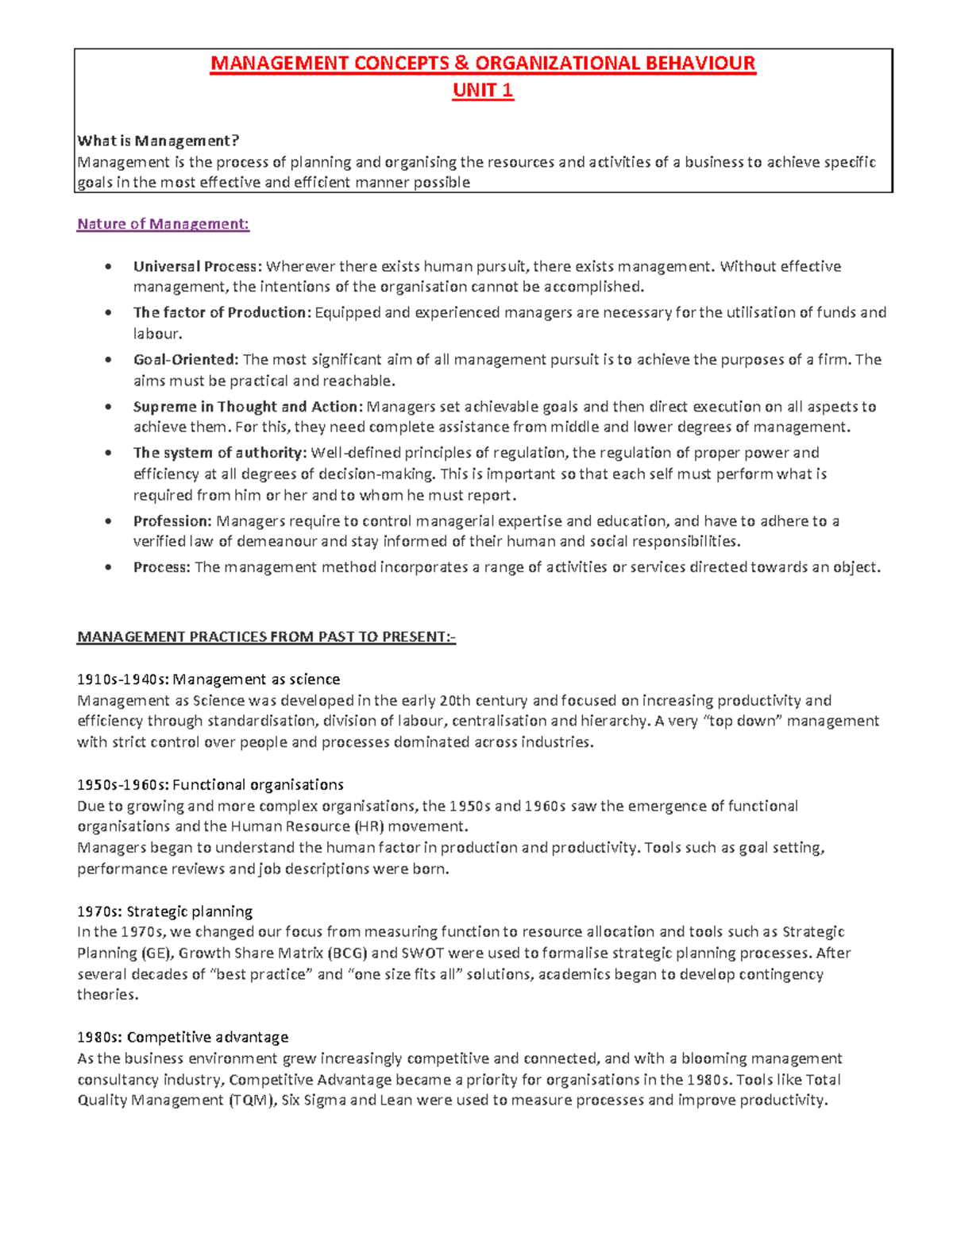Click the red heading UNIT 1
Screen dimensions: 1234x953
point(483,91)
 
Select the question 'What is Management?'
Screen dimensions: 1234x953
point(157,141)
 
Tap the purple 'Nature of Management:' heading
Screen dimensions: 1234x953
point(163,224)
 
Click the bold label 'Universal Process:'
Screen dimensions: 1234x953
point(198,266)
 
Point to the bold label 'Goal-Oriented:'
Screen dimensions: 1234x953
point(186,360)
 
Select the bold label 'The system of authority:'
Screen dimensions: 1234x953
point(220,453)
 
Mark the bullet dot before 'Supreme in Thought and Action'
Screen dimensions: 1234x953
point(108,407)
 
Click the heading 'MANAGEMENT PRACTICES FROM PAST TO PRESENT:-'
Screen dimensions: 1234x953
point(266,637)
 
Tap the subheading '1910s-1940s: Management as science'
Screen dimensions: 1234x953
point(208,679)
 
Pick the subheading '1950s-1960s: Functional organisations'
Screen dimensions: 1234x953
point(210,785)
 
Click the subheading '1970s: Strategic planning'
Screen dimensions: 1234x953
point(164,911)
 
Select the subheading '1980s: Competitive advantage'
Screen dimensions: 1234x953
point(183,1038)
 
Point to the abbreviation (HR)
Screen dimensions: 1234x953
point(368,826)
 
